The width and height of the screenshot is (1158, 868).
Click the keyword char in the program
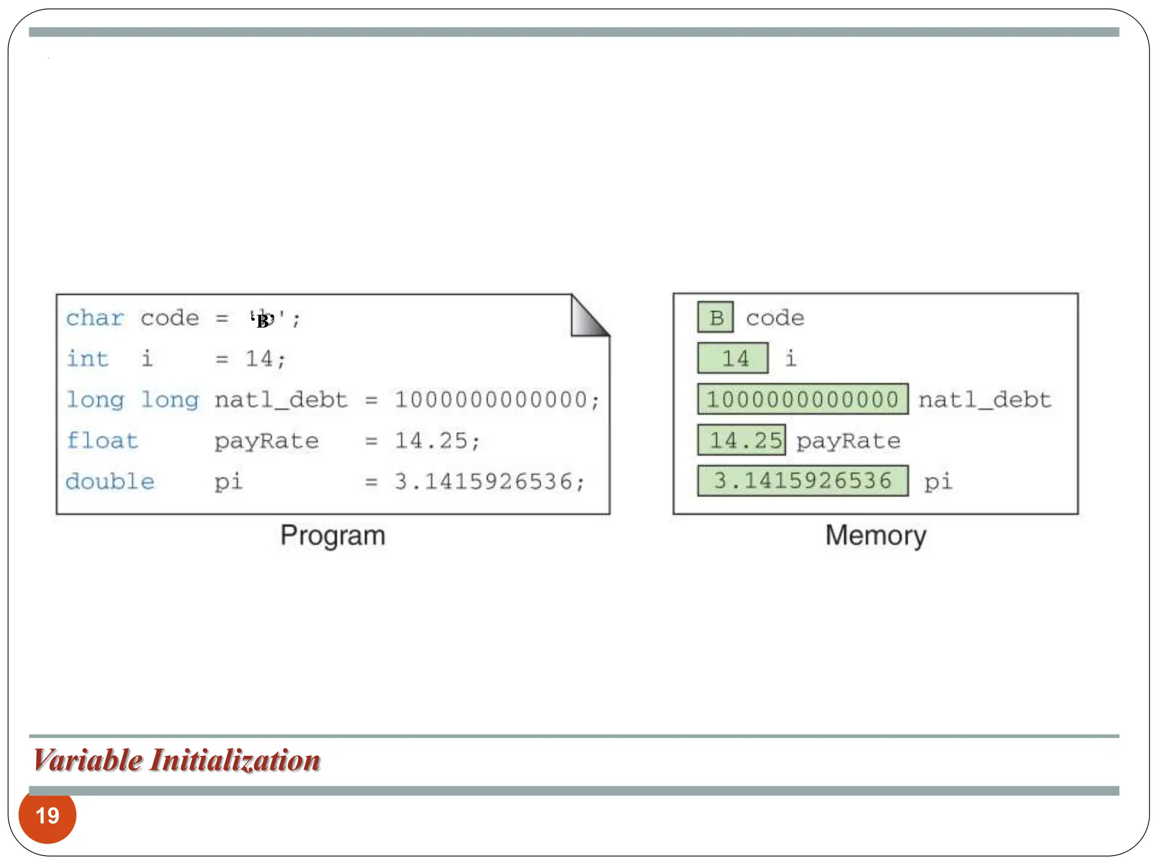click(94, 318)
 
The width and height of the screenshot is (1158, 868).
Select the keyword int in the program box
click(87, 359)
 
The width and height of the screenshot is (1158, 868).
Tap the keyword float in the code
click(102, 440)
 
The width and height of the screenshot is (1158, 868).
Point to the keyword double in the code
click(110, 481)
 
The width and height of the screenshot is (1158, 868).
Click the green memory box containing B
click(715, 318)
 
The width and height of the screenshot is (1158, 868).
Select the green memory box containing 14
click(733, 358)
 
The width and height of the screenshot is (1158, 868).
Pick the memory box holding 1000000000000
click(802, 400)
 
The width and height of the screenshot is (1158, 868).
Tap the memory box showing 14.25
click(741, 440)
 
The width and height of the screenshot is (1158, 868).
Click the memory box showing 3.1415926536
click(802, 481)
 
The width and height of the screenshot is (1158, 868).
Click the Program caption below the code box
click(333, 535)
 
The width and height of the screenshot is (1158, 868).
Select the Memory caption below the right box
click(875, 535)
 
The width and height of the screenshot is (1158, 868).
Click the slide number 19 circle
click(47, 815)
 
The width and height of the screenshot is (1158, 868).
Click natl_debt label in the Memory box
click(984, 400)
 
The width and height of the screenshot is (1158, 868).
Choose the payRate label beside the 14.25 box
click(848, 441)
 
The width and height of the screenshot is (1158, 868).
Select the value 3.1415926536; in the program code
click(490, 481)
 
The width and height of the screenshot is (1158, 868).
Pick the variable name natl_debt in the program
click(281, 400)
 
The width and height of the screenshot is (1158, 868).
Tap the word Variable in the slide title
click(88, 760)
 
